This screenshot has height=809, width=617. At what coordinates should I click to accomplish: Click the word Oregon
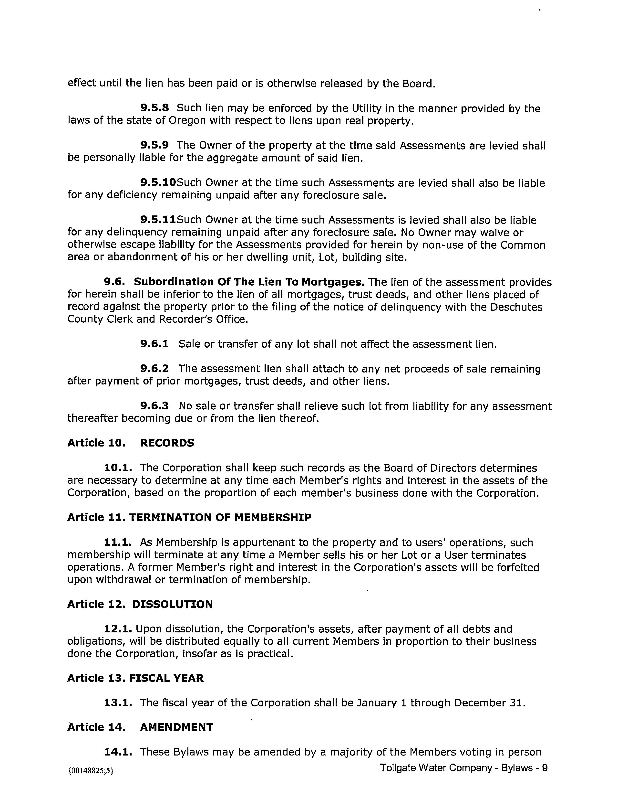187,121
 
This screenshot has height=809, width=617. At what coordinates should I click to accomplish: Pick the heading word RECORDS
167,443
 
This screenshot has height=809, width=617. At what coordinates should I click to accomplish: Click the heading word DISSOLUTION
172,604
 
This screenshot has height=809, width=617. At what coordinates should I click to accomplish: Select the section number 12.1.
118,629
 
